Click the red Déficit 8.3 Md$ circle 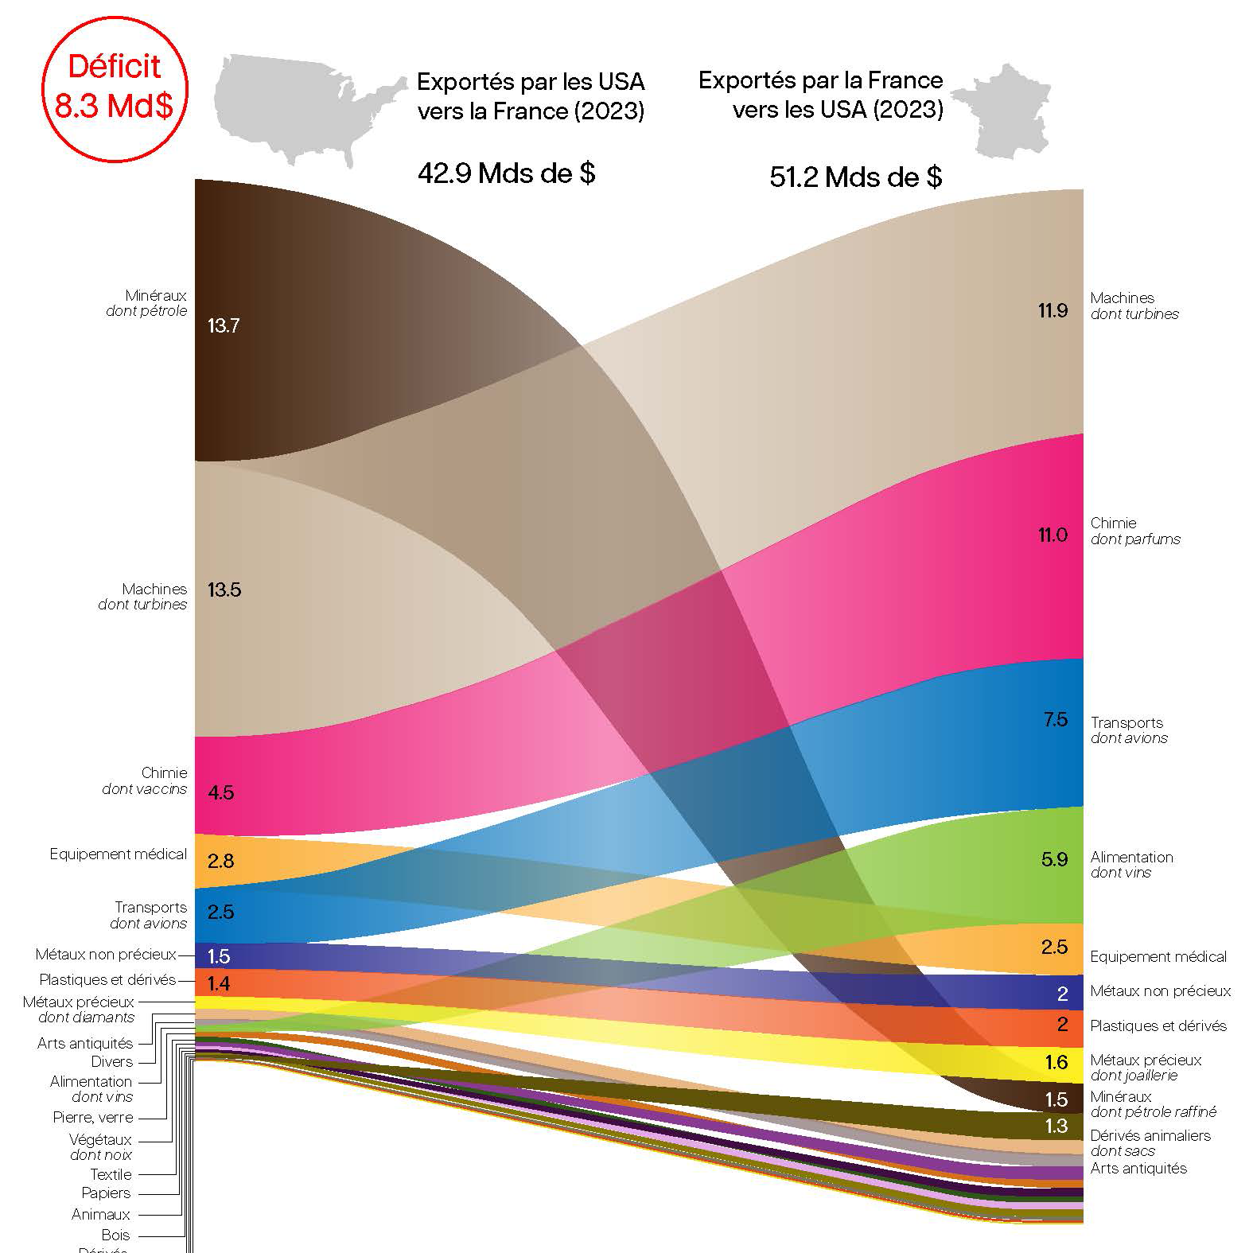click(x=114, y=87)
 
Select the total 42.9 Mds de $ click(x=506, y=173)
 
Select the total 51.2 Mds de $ click(x=855, y=177)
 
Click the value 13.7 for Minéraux click(x=223, y=326)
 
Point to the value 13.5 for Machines click(x=224, y=590)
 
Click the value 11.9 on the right click(x=1053, y=311)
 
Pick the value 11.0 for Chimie click(x=1053, y=535)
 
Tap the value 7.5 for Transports click(x=1055, y=720)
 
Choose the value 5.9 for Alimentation click(x=1054, y=860)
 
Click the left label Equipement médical click(x=118, y=854)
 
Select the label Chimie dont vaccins click(x=146, y=780)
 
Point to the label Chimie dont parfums click(x=1134, y=531)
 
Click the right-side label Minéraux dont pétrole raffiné click(x=1153, y=1104)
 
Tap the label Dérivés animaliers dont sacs click(x=1150, y=1142)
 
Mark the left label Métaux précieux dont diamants click(x=79, y=1010)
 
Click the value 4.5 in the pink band click(x=220, y=793)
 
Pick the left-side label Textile click(x=111, y=1174)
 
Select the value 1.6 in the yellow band click(x=1056, y=1063)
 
